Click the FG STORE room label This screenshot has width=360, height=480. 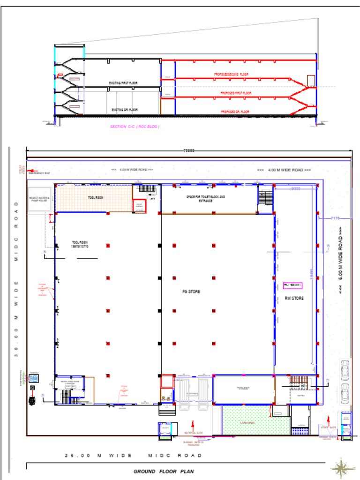click(x=191, y=292)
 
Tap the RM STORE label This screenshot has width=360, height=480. click(x=294, y=298)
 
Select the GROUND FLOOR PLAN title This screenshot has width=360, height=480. click(x=163, y=472)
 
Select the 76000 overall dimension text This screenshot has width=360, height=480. click(x=188, y=150)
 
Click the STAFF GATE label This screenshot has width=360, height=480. click(x=328, y=427)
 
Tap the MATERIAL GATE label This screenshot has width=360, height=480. click(x=193, y=433)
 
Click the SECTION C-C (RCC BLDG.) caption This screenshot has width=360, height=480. click(x=135, y=127)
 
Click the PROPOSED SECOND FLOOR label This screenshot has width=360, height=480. click(x=231, y=75)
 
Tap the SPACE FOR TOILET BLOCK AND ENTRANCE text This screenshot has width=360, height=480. click(x=205, y=199)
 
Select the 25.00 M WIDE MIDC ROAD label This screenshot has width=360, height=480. click(x=133, y=456)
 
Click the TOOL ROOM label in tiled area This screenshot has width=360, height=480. click(x=95, y=197)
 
